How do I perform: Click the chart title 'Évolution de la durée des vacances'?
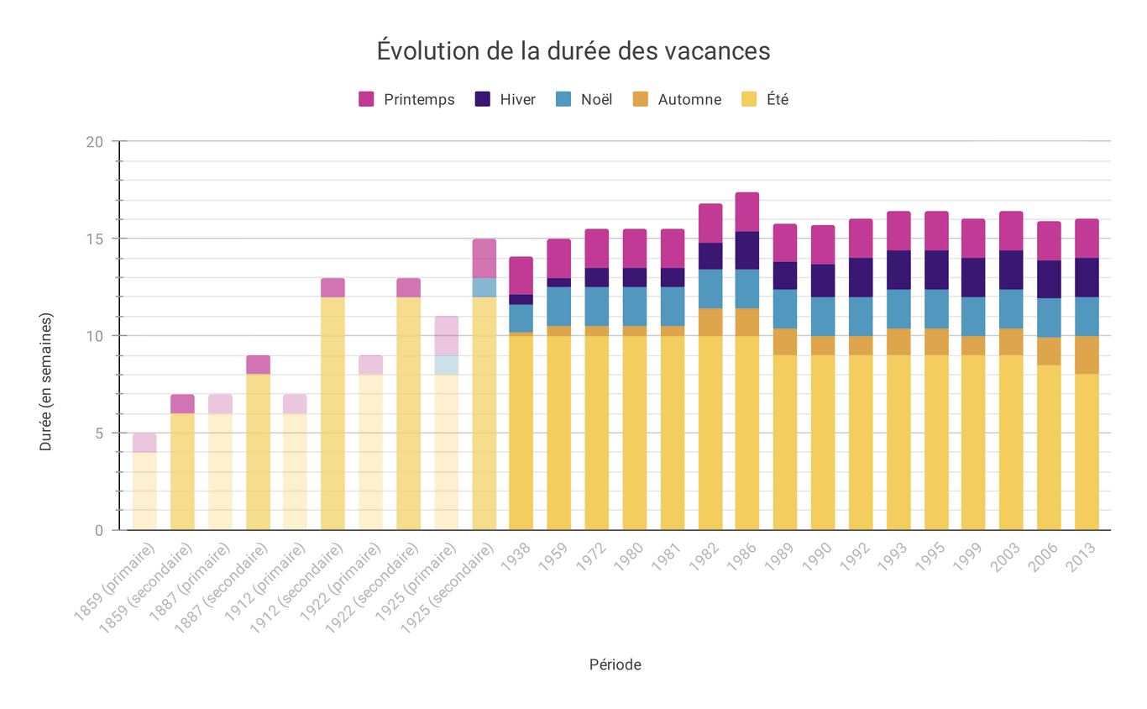pos(573,51)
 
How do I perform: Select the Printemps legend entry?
pos(406,99)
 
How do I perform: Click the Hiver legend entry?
pos(505,99)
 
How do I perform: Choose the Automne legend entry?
pos(676,99)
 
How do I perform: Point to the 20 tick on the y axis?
pos(95,142)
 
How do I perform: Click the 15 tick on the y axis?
pos(95,239)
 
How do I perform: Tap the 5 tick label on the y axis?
pos(98,433)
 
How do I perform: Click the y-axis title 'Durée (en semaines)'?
pos(46,382)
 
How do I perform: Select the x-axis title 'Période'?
pos(615,664)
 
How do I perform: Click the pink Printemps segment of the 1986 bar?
pos(747,212)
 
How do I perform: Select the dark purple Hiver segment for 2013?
pos(1087,277)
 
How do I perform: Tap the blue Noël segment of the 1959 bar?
pos(558,307)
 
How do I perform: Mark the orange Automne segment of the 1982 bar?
pos(710,322)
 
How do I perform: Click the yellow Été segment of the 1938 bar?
pos(521,433)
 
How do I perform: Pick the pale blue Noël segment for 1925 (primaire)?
pos(446,365)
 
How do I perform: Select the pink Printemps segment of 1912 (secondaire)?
pos(333,287)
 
